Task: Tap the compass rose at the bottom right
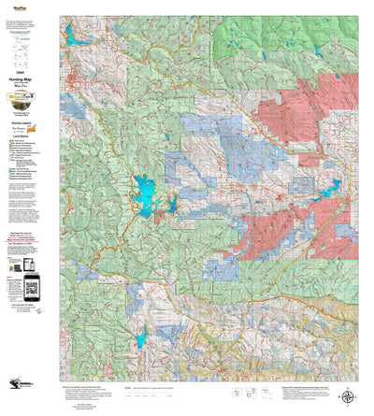pyautogui.click(x=348, y=395)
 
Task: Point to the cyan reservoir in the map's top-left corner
pyautogui.click(x=71, y=36)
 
